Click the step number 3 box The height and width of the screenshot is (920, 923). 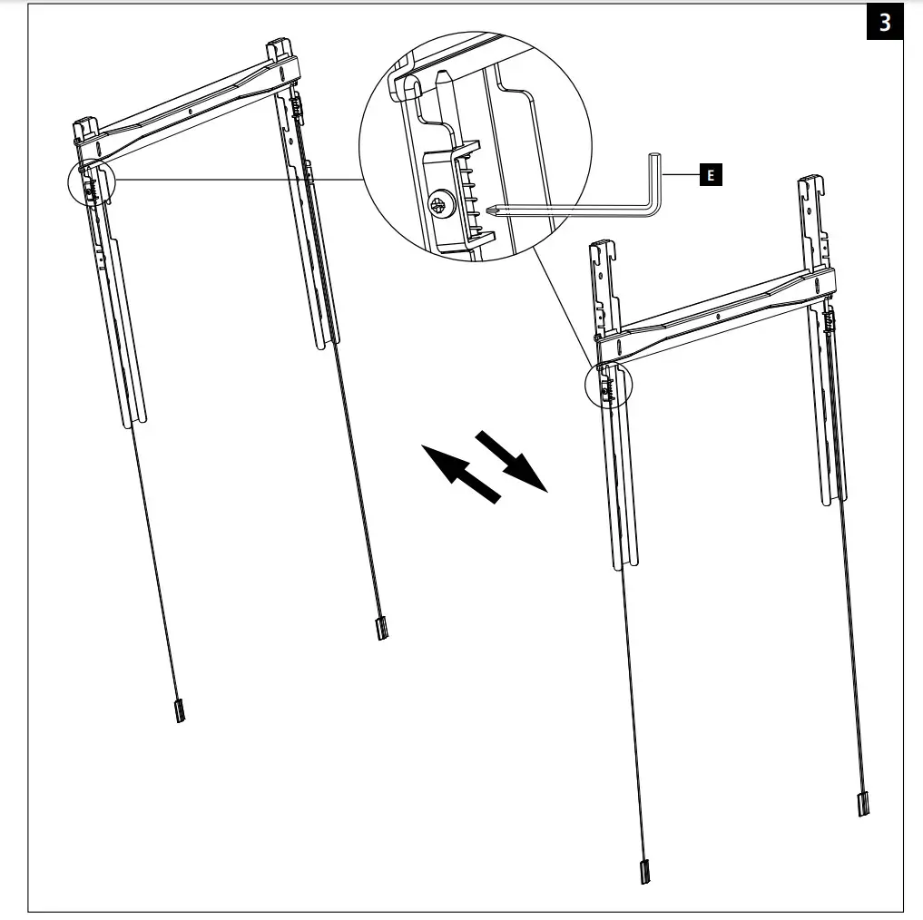pyautogui.click(x=884, y=23)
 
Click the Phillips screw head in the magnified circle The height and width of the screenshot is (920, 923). pyautogui.click(x=439, y=207)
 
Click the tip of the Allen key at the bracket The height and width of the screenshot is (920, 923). pyautogui.click(x=491, y=212)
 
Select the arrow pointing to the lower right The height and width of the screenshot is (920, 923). pyautogui.click(x=513, y=459)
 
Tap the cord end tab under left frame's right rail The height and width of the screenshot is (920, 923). pyautogui.click(x=382, y=628)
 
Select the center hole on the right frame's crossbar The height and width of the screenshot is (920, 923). pyautogui.click(x=717, y=318)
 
